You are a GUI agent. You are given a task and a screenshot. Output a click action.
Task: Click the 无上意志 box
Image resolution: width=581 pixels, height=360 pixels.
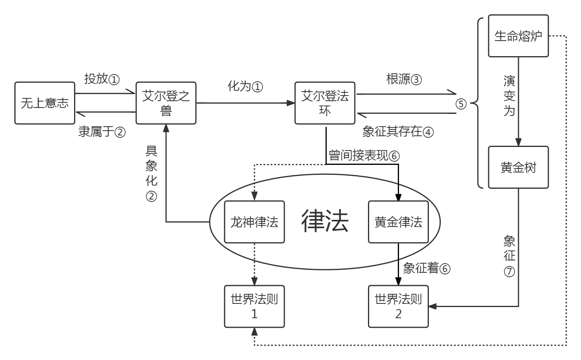(45, 103)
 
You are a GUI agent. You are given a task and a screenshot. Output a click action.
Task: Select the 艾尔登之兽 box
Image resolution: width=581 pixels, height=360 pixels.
(166, 103)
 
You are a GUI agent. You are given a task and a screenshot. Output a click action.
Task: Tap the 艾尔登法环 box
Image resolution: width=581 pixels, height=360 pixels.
(325, 103)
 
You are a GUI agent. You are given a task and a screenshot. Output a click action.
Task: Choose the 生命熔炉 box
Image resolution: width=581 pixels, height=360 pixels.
(518, 36)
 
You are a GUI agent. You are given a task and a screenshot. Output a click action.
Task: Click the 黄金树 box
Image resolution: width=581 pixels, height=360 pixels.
(518, 167)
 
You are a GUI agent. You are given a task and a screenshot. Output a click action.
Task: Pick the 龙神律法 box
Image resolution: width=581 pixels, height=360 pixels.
(254, 222)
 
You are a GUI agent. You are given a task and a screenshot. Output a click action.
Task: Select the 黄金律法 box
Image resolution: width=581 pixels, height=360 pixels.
(398, 222)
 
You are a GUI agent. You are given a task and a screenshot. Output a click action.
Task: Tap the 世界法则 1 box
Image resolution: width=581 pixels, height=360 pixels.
(254, 306)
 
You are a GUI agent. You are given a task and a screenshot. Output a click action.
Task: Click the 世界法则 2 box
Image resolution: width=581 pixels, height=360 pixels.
(398, 306)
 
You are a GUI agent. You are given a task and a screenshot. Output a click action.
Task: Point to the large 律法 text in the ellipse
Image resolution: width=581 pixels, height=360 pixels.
(325, 221)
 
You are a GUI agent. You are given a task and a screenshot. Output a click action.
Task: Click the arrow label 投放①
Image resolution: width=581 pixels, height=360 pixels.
(102, 79)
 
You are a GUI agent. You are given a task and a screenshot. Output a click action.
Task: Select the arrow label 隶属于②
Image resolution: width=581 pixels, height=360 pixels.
(102, 131)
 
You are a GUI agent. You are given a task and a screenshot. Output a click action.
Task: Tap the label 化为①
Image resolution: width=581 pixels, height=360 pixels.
(245, 86)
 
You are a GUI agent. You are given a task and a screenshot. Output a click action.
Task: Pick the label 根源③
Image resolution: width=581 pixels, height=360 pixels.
(404, 79)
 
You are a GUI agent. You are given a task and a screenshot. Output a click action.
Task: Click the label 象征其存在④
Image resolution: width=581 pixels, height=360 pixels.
(398, 131)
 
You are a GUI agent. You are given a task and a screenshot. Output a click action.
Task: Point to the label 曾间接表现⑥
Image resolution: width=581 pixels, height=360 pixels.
(364, 155)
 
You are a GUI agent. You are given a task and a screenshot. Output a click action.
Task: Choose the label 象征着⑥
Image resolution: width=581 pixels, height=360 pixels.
(426, 268)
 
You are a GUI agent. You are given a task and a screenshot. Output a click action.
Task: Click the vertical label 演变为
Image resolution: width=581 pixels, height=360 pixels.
(509, 96)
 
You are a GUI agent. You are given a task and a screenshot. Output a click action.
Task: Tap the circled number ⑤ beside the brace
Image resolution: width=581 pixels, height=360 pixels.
(461, 104)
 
